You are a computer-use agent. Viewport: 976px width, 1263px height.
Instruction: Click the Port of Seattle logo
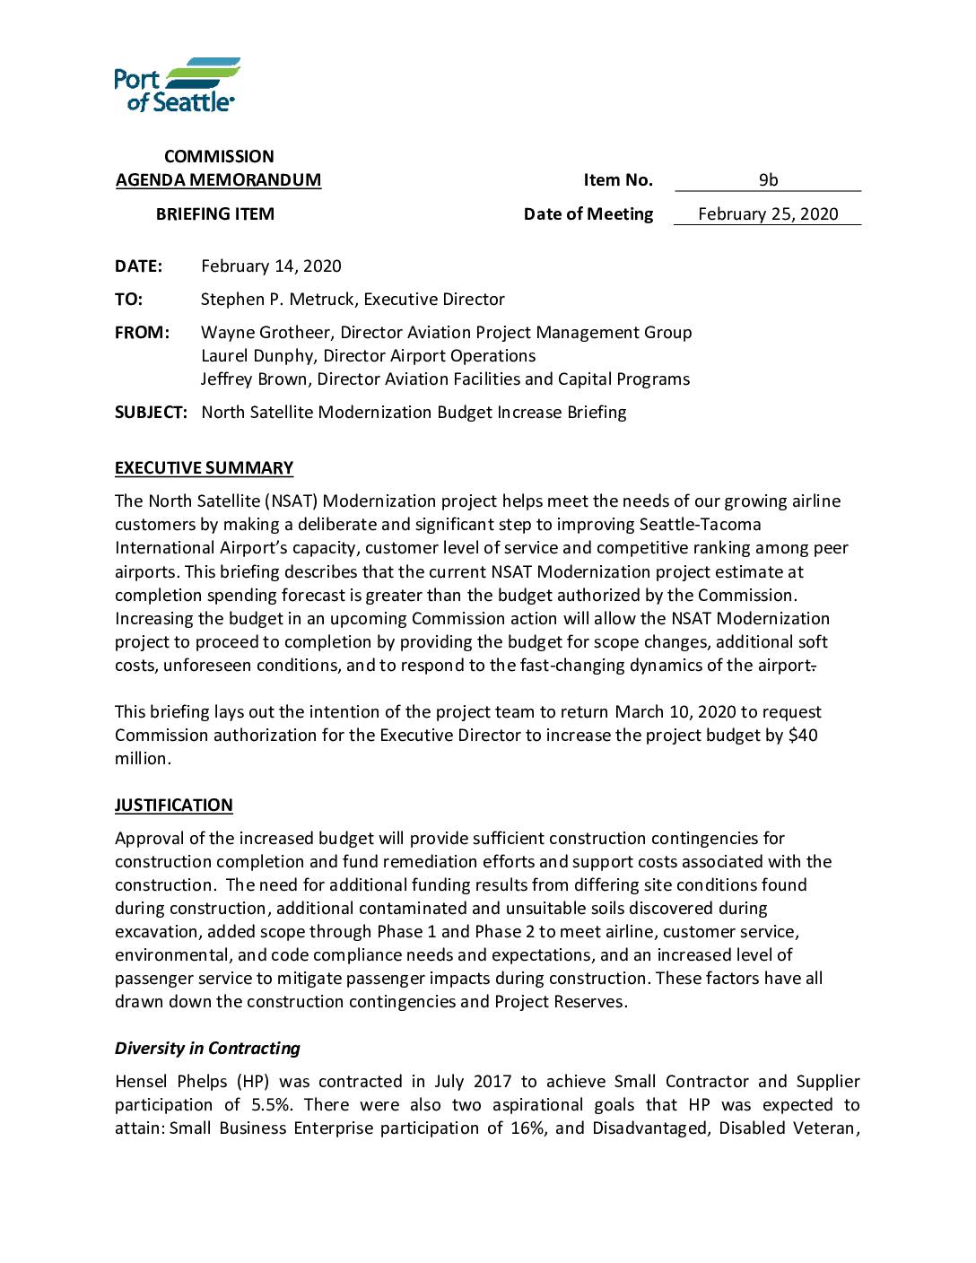pos(177,85)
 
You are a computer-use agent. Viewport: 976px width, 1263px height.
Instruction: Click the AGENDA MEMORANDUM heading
pos(218,179)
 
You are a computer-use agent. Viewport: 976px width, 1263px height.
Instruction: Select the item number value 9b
pos(768,179)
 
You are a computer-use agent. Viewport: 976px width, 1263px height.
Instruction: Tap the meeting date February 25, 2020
pos(768,213)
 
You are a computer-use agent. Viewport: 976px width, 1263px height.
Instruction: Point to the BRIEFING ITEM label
pos(215,213)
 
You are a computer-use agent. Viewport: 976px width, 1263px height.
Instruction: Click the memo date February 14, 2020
pos(271,266)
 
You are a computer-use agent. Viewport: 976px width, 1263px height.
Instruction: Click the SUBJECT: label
pos(151,412)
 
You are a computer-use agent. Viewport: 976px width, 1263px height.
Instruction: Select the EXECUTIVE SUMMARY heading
pos(204,467)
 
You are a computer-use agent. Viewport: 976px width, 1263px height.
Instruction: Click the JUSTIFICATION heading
pos(173,805)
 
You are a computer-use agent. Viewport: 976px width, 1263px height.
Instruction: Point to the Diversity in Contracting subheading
pos(207,1048)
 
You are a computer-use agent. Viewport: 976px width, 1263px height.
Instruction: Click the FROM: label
pos(142,332)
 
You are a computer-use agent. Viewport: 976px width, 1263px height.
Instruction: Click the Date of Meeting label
pos(588,213)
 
